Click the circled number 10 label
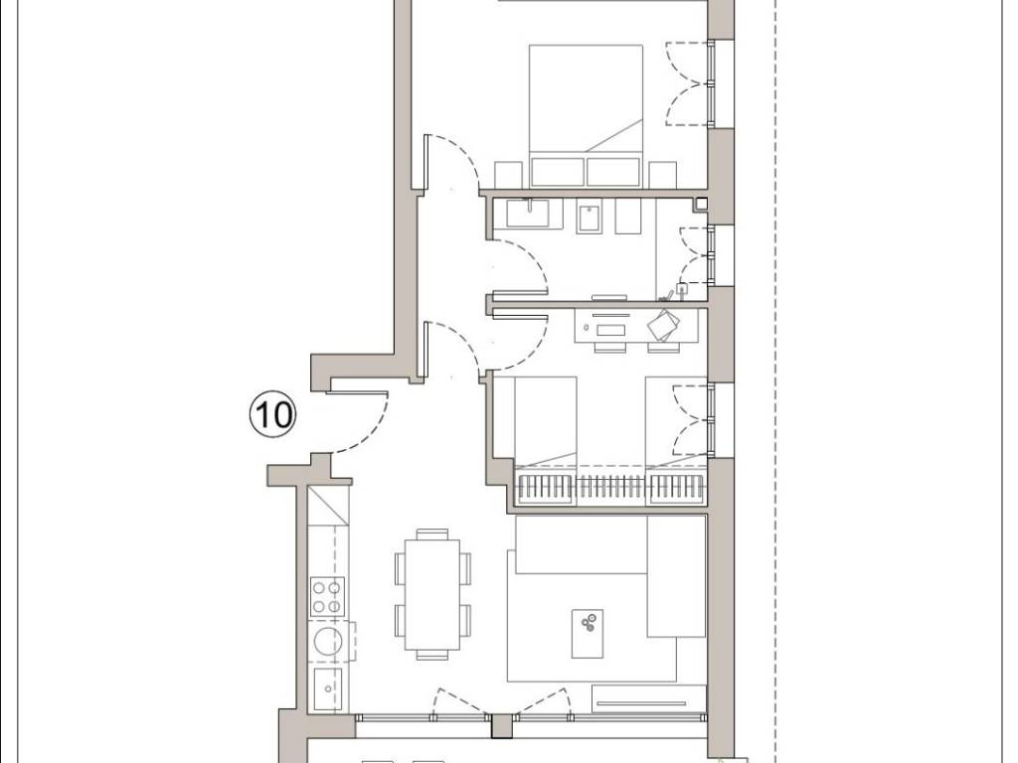click(x=272, y=414)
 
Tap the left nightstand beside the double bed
click(x=509, y=175)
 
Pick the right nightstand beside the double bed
click(x=663, y=175)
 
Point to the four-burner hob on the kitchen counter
click(x=326, y=596)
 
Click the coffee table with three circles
click(x=588, y=633)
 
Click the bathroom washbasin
click(x=527, y=213)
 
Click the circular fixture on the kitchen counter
click(x=326, y=641)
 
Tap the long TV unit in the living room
click(x=648, y=698)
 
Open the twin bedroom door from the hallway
click(x=452, y=351)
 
